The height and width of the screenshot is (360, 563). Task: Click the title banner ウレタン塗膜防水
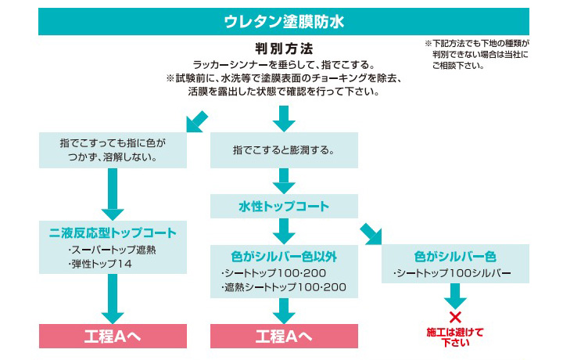click(x=283, y=21)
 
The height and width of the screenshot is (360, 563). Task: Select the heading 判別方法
click(x=283, y=49)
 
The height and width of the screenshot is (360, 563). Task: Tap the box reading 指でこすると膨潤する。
click(x=284, y=149)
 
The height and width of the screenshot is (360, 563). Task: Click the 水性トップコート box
click(x=284, y=207)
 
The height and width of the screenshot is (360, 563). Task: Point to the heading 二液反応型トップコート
click(x=113, y=232)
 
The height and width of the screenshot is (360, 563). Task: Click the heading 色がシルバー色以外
click(x=284, y=256)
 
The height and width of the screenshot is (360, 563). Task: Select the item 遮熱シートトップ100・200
click(x=283, y=287)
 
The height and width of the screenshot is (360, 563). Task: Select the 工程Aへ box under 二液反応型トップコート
click(x=113, y=337)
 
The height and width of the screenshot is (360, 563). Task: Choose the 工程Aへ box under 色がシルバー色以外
click(x=284, y=337)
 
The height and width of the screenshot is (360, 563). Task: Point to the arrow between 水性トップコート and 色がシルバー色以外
click(x=284, y=231)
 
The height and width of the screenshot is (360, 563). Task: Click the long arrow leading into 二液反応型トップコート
click(x=113, y=193)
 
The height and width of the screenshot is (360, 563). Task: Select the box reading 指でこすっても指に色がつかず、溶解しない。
click(x=113, y=149)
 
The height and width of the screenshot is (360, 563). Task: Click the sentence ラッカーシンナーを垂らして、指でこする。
click(x=283, y=64)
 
